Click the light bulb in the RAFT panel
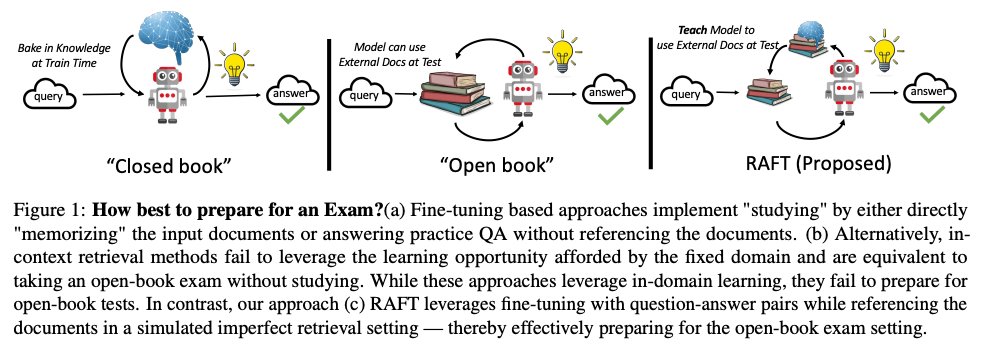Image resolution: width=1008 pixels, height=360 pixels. [x=883, y=50]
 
